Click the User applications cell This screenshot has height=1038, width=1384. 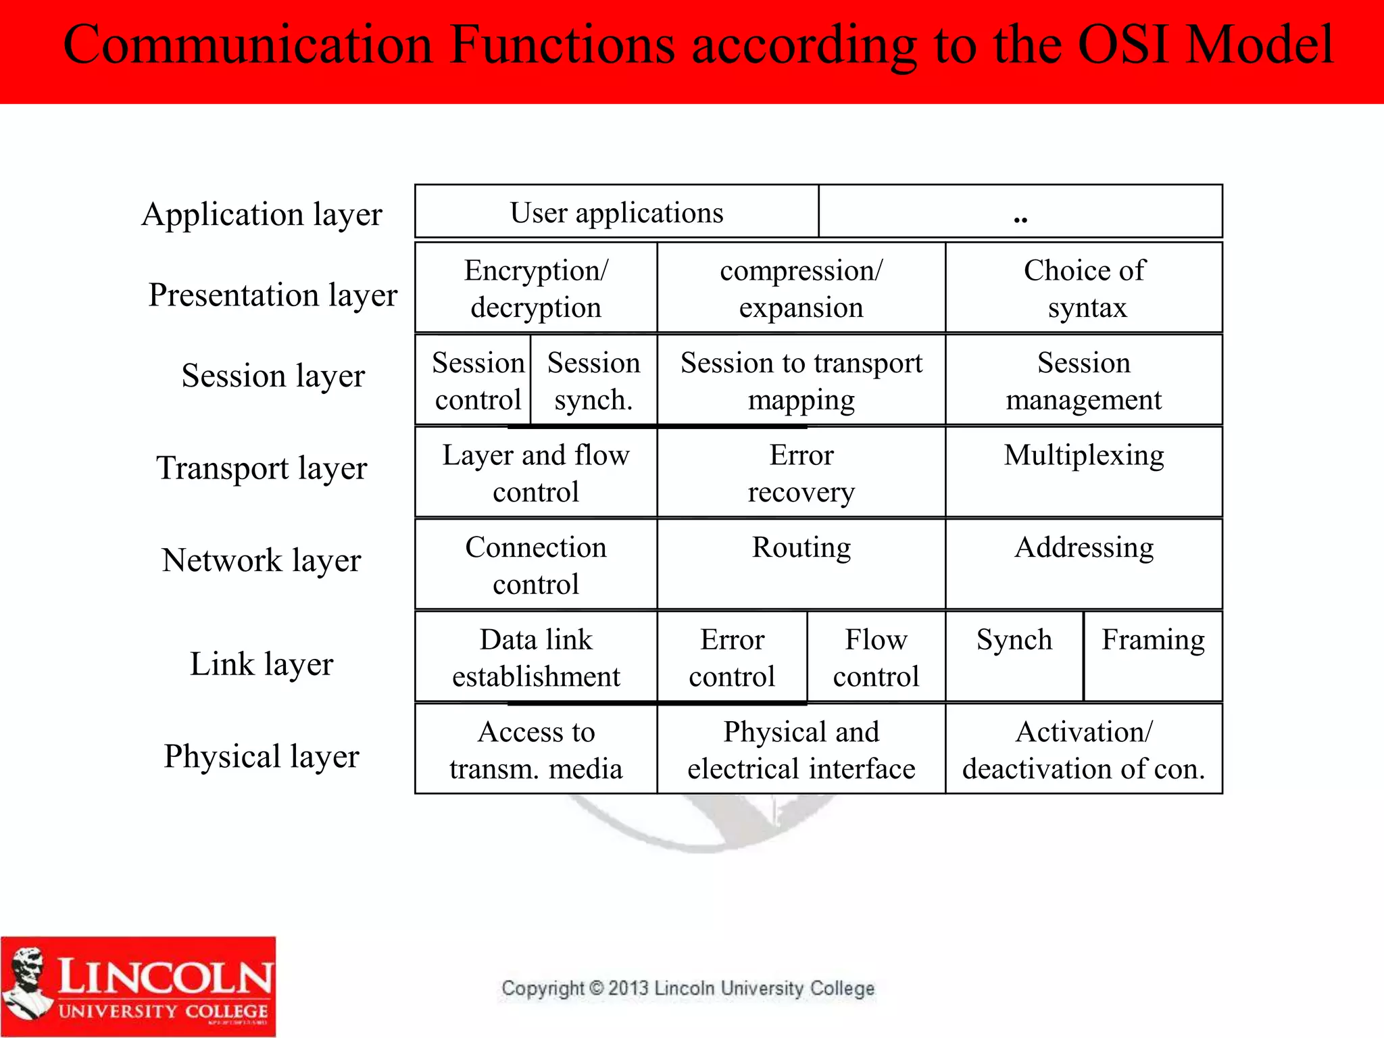pos(616,212)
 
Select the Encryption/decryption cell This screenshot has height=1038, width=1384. pos(536,289)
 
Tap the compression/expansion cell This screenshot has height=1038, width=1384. pos(801,289)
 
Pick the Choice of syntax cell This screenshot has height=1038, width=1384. pos(1084,289)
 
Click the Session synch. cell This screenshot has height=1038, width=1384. pos(593,381)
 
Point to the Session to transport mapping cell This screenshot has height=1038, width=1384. pos(801,381)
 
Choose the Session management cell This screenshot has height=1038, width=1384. pos(1084,381)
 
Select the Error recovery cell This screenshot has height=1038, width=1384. pos(801,473)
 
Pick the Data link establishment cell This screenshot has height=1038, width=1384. pos(536,658)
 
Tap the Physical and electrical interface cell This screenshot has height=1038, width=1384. pos(801,750)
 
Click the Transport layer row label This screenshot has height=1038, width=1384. pos(262,468)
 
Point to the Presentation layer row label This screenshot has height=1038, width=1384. pos(273,295)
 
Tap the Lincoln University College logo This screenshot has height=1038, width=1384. pos(139,986)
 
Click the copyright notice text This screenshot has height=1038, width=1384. pos(687,989)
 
